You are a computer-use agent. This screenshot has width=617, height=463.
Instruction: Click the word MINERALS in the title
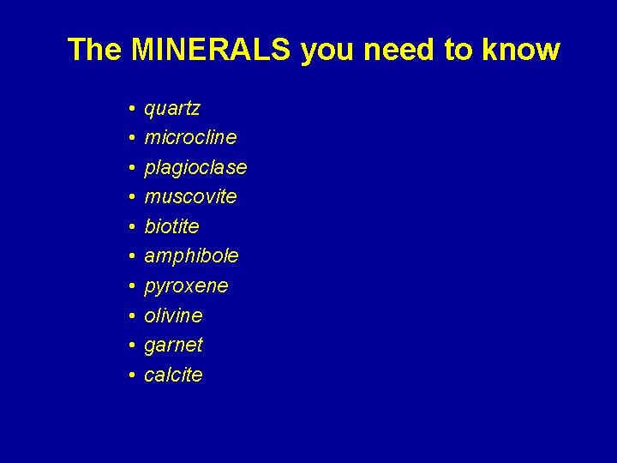click(211, 50)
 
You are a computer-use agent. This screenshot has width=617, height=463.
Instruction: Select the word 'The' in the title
click(94, 50)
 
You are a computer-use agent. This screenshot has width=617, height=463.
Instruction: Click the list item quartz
click(172, 109)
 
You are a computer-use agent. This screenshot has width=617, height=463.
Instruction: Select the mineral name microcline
click(190, 137)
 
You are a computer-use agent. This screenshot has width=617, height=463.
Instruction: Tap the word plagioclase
click(195, 167)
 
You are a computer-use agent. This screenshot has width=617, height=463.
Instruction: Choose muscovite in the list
click(190, 196)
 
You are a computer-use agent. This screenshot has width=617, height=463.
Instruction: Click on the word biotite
click(171, 226)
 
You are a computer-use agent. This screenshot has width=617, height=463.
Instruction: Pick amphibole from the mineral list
click(191, 256)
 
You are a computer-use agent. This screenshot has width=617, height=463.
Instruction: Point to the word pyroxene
click(186, 286)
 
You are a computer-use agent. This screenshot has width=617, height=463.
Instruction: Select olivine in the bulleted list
click(173, 316)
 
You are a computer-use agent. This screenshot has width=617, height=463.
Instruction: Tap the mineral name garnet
click(173, 345)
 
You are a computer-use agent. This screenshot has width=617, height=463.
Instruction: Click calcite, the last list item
click(173, 375)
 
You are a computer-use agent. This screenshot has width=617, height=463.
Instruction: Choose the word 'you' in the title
click(329, 50)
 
